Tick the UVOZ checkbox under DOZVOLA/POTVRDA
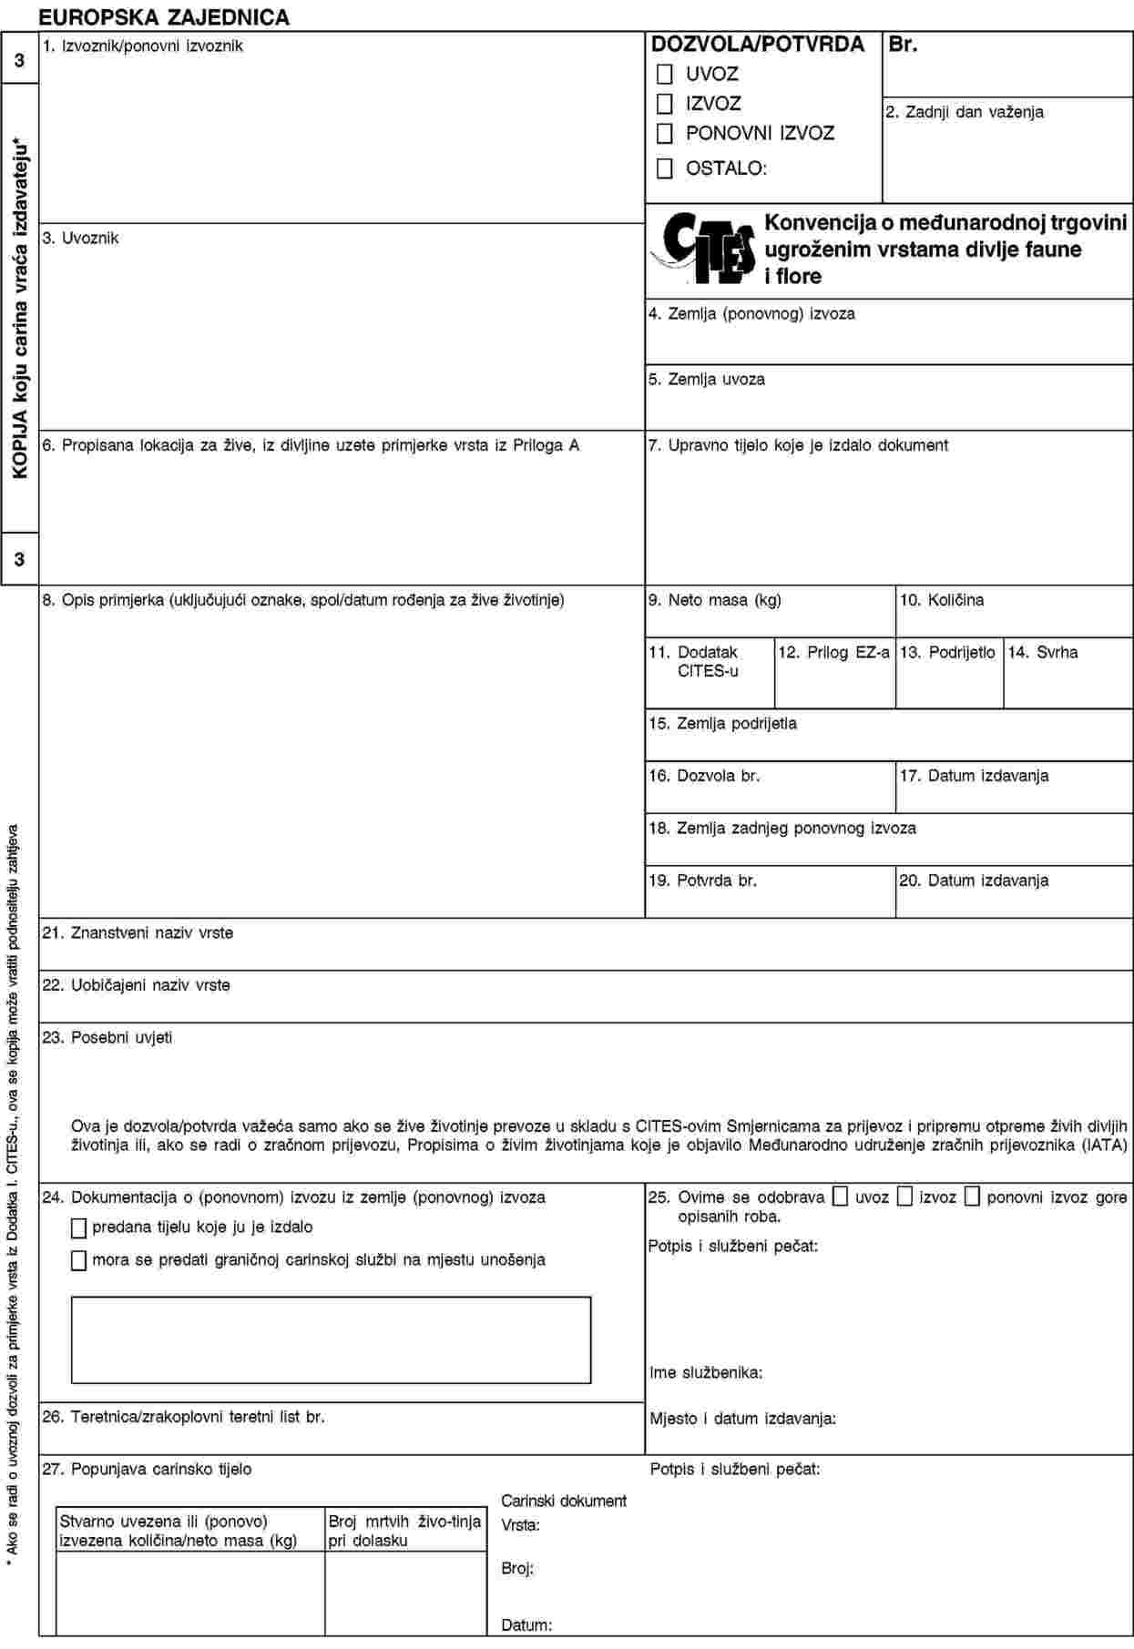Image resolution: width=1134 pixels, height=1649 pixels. coord(665,74)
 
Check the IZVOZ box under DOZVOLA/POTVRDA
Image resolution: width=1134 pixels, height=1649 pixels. coord(665,104)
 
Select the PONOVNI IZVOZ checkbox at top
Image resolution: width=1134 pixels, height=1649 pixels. coord(665,133)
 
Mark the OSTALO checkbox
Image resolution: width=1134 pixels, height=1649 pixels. coord(665,168)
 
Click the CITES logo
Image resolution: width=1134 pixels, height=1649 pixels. coord(702,249)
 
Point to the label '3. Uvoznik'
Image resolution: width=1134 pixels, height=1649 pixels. coord(80,238)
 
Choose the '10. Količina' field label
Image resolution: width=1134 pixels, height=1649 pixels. coord(942,600)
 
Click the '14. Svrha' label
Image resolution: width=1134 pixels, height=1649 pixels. coord(1043,652)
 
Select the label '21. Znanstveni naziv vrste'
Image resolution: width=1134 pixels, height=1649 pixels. coord(138,932)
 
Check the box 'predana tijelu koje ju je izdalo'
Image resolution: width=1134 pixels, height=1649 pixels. coord(79,1228)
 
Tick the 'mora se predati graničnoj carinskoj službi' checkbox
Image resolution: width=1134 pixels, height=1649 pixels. coord(79,1260)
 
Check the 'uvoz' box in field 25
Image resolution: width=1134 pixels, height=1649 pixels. coord(841,1196)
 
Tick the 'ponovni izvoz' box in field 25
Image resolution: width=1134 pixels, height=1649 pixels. coord(972,1196)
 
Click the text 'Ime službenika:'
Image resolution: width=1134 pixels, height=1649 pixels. coord(706,1372)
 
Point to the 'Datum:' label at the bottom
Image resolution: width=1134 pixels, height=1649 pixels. coord(526,1624)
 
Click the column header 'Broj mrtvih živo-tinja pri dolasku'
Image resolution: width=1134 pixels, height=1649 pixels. coord(404,1530)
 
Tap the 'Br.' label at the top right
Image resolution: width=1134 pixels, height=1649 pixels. coord(903,43)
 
